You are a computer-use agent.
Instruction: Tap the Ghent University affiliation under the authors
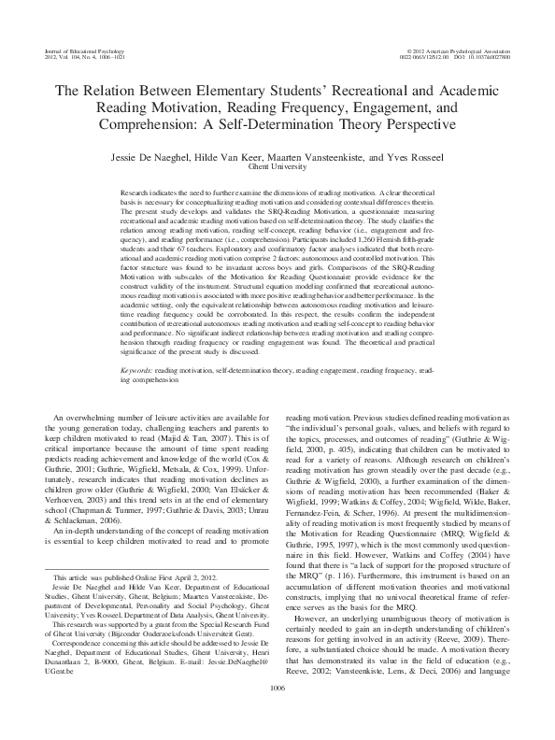pos(277,168)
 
